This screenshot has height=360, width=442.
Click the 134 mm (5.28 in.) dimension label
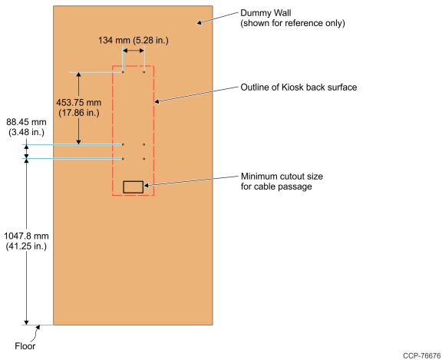pos(134,41)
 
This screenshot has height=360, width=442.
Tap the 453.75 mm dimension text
pos(78,103)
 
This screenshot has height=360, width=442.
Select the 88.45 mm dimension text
pos(26,122)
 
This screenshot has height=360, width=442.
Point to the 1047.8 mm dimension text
pos(26,236)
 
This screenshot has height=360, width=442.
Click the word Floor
pos(25,346)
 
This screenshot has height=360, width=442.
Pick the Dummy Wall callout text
pos(292,18)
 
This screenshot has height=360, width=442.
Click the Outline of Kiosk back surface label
pos(299,88)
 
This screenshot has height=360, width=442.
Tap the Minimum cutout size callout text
pos(282,181)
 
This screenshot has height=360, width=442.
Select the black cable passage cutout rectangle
pos(134,182)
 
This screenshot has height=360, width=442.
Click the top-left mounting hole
pos(123,72)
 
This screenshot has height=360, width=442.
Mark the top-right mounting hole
pos(144,72)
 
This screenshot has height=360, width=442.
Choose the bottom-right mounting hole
pos(144,159)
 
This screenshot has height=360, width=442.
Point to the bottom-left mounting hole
pos(123,159)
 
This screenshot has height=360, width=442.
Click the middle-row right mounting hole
pos(144,144)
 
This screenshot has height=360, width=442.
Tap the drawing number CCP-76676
pos(422,355)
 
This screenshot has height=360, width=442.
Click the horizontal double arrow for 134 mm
pos(134,51)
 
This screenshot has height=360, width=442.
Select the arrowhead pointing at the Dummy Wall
pos(199,22)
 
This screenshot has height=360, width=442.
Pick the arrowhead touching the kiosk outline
pos(157,101)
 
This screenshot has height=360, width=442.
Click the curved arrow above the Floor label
pos(36,332)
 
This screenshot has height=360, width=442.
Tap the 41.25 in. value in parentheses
pos(26,246)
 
